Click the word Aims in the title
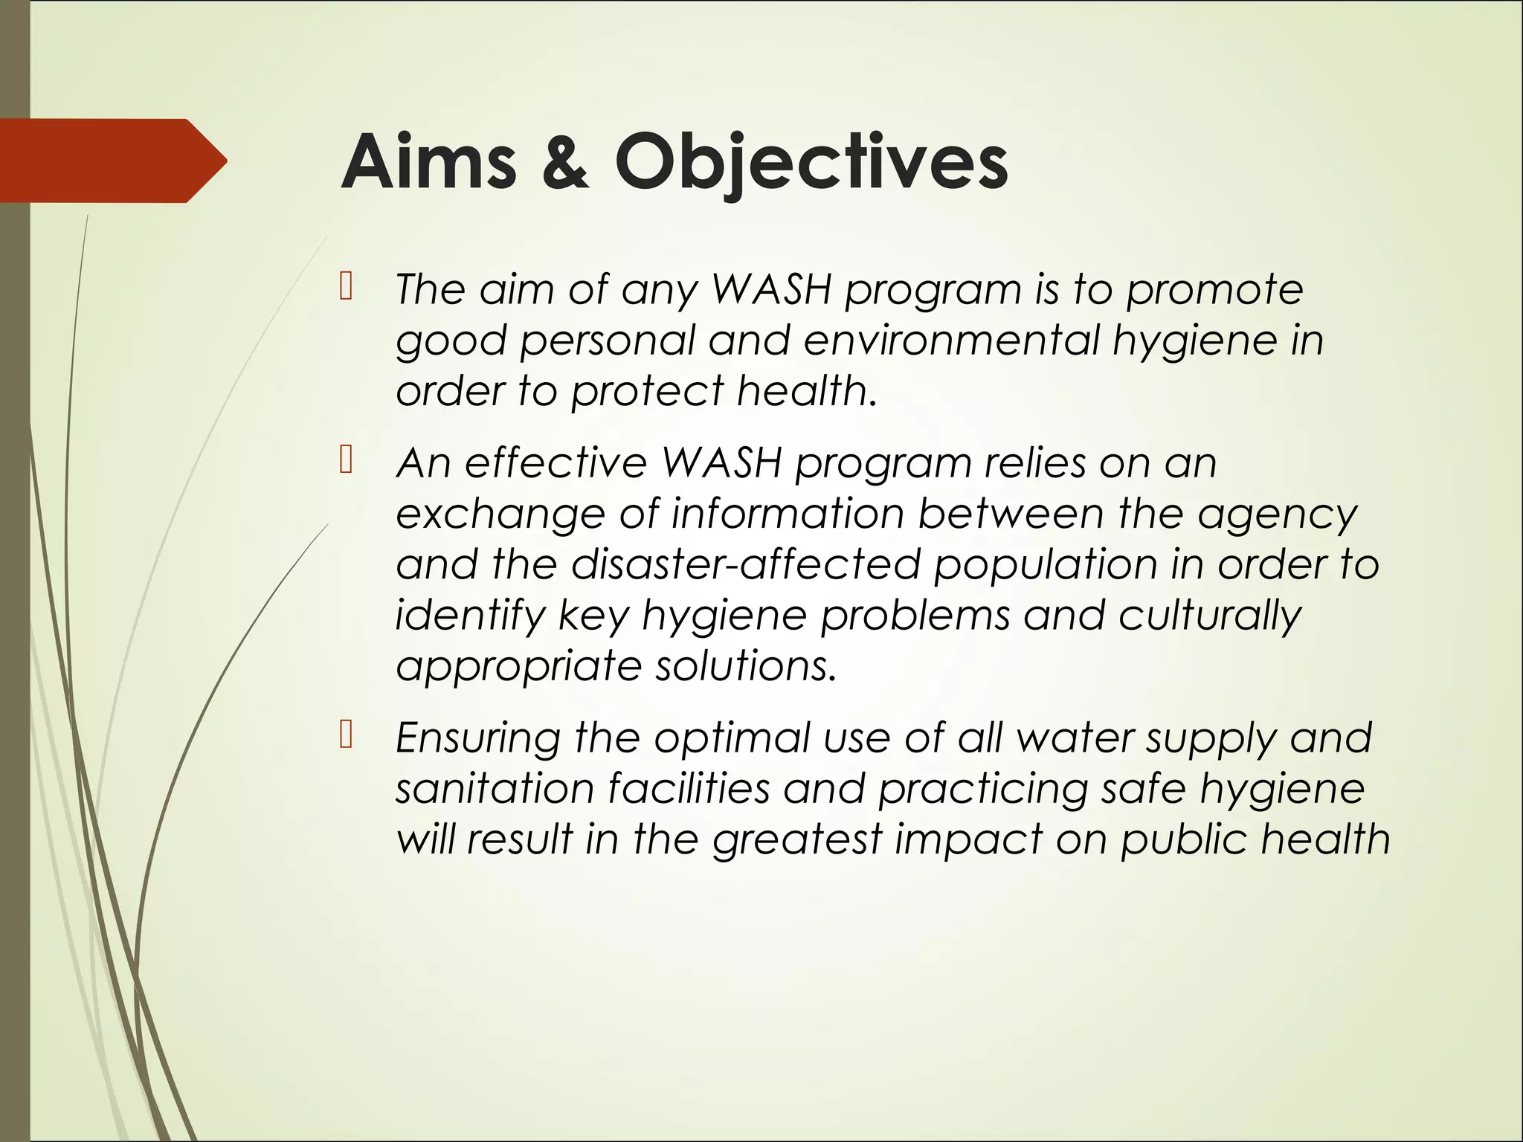428,162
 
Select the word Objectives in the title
811,162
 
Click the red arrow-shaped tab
112,161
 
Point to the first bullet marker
345,287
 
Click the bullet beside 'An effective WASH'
345,461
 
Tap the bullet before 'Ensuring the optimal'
345,735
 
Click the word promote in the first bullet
1214,290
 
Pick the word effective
556,463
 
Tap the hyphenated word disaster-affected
746,564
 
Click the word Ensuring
477,739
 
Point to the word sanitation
494,789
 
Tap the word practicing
983,789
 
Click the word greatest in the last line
796,840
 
